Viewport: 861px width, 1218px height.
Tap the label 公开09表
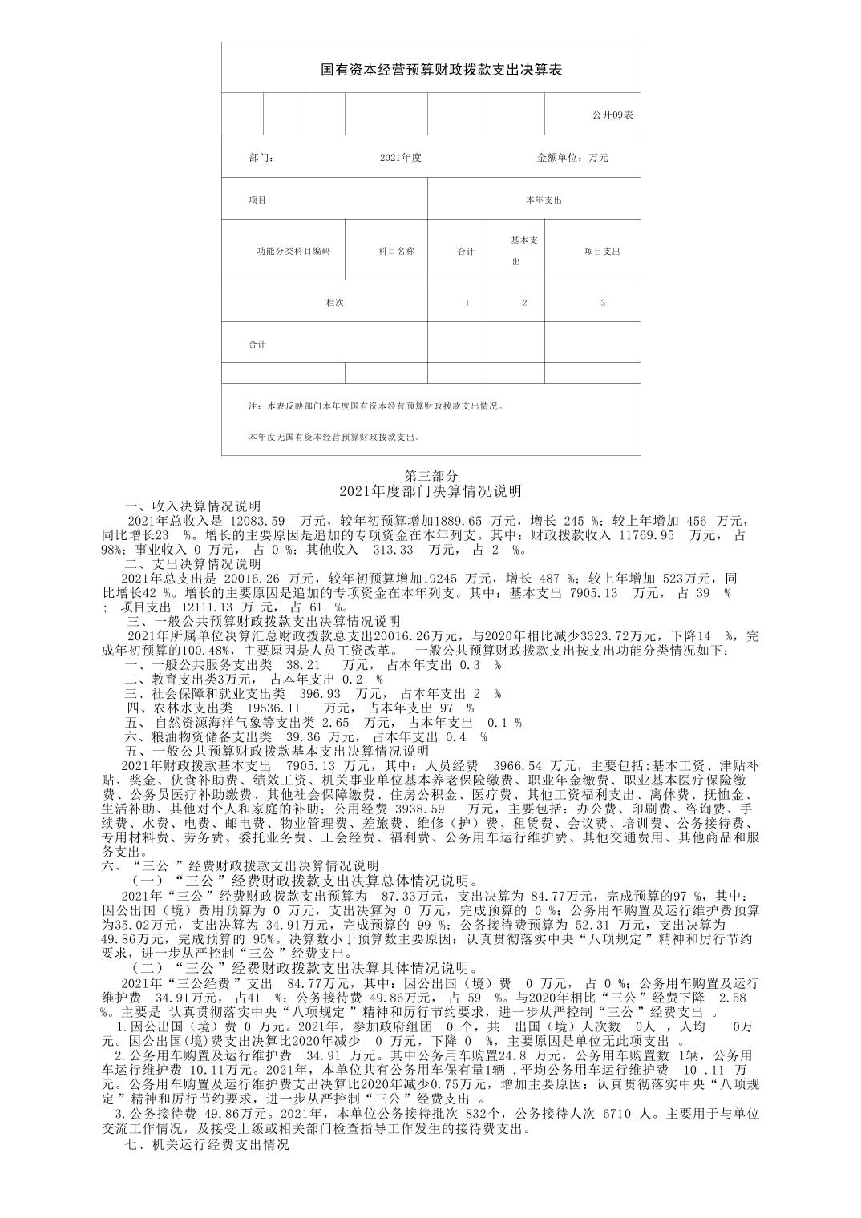(612, 115)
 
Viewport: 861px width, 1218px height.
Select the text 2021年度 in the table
(401, 158)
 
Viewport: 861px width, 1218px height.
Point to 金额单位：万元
(572, 158)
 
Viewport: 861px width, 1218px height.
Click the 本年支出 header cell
(544, 200)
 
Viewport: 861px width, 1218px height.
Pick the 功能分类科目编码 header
(293, 251)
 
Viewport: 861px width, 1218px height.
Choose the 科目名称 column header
(396, 251)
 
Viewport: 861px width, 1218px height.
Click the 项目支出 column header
(602, 251)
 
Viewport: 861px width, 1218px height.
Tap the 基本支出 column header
(524, 251)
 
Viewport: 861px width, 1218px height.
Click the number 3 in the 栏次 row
(603, 303)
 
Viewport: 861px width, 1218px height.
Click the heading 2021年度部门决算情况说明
(430, 490)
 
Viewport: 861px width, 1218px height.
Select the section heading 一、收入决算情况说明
(192, 506)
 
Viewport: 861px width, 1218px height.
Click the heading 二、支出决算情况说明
(192, 563)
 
